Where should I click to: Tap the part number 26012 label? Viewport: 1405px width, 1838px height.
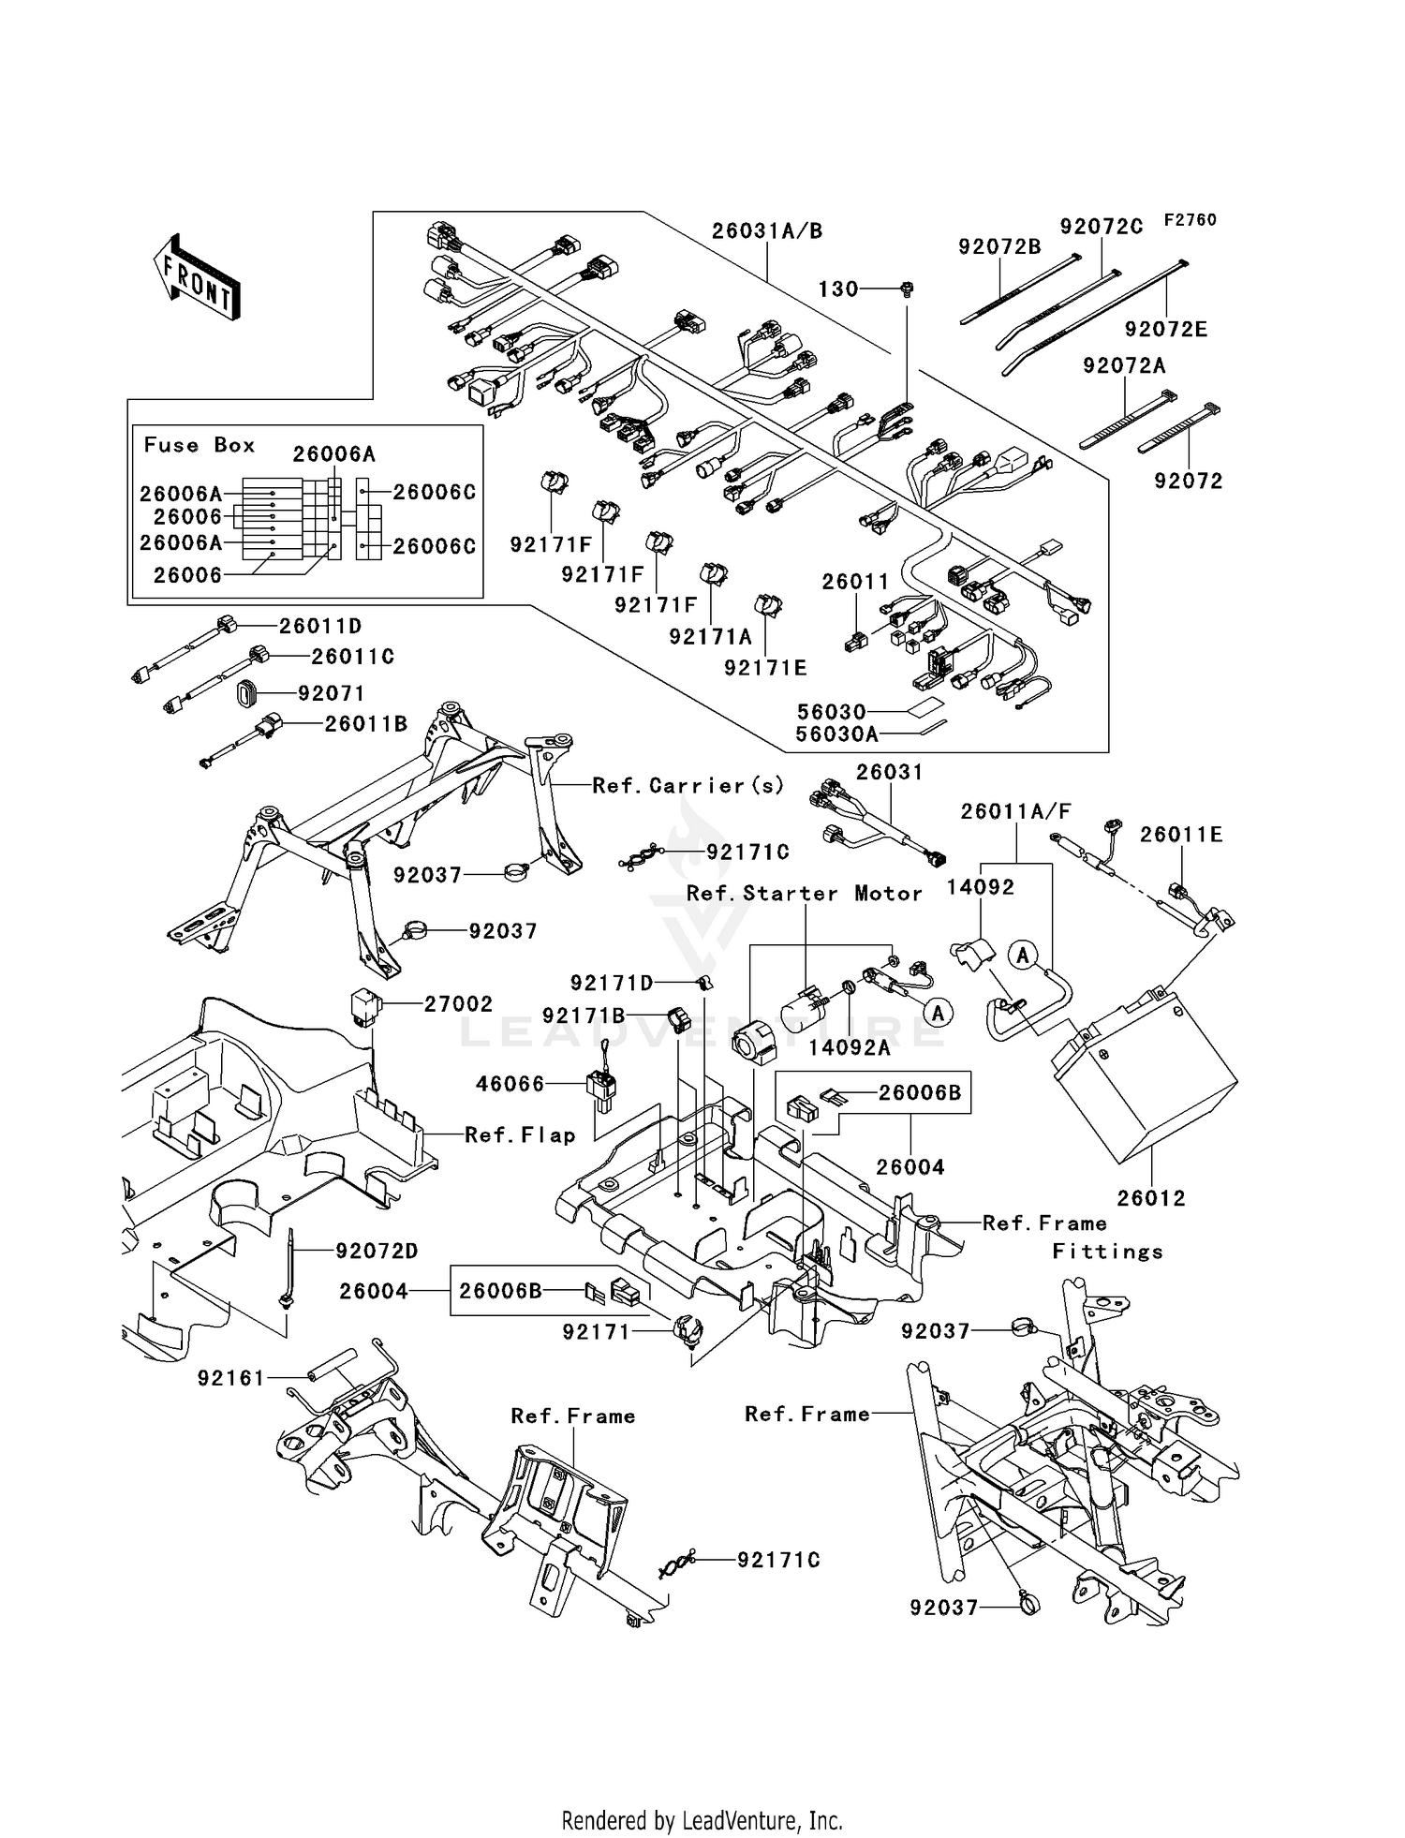[x=1151, y=1198]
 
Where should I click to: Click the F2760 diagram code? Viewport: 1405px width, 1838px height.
[x=1190, y=220]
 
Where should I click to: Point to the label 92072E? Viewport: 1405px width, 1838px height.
[x=1166, y=330]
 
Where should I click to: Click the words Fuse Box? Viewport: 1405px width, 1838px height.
[x=199, y=446]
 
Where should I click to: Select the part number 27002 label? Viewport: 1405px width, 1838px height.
[x=458, y=1004]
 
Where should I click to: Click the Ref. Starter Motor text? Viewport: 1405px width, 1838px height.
[x=804, y=894]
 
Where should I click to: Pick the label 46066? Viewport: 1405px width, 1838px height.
[x=510, y=1085]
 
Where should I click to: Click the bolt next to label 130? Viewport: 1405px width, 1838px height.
[x=906, y=289]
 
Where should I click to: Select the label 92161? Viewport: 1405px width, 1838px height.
[x=231, y=1379]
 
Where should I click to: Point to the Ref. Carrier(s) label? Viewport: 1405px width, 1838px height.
[x=688, y=786]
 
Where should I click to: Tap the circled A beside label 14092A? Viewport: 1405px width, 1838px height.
[x=937, y=1012]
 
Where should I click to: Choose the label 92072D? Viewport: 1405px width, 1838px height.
[x=377, y=1252]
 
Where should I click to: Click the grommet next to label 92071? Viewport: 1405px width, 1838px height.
[x=248, y=694]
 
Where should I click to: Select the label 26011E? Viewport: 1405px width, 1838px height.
[x=1180, y=835]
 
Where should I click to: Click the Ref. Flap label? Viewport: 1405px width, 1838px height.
[x=520, y=1135]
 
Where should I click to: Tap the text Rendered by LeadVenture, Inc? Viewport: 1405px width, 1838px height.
[x=702, y=1821]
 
